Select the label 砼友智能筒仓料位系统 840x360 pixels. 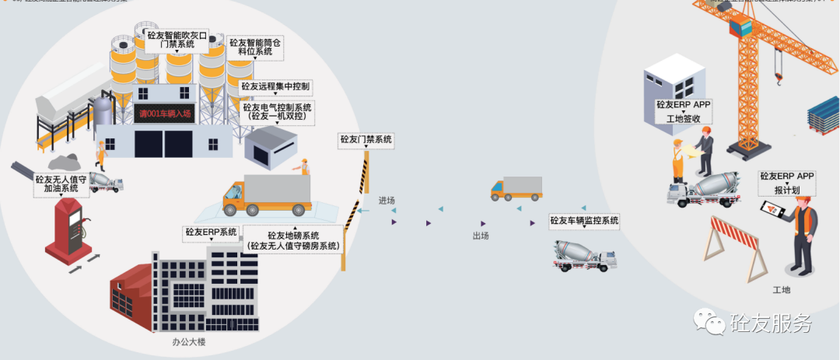click(x=255, y=47)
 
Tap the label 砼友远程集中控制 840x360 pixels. click(x=275, y=86)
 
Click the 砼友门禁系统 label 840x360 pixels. click(x=366, y=140)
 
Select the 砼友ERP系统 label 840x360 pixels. click(x=211, y=232)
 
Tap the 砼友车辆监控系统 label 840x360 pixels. click(x=584, y=221)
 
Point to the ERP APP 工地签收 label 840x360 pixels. click(x=684, y=111)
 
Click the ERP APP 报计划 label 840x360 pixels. click(x=787, y=182)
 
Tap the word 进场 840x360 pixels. click(x=387, y=201)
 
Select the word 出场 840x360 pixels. click(x=481, y=236)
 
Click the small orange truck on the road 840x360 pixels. click(x=516, y=188)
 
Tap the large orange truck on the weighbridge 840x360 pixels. click(x=266, y=194)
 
